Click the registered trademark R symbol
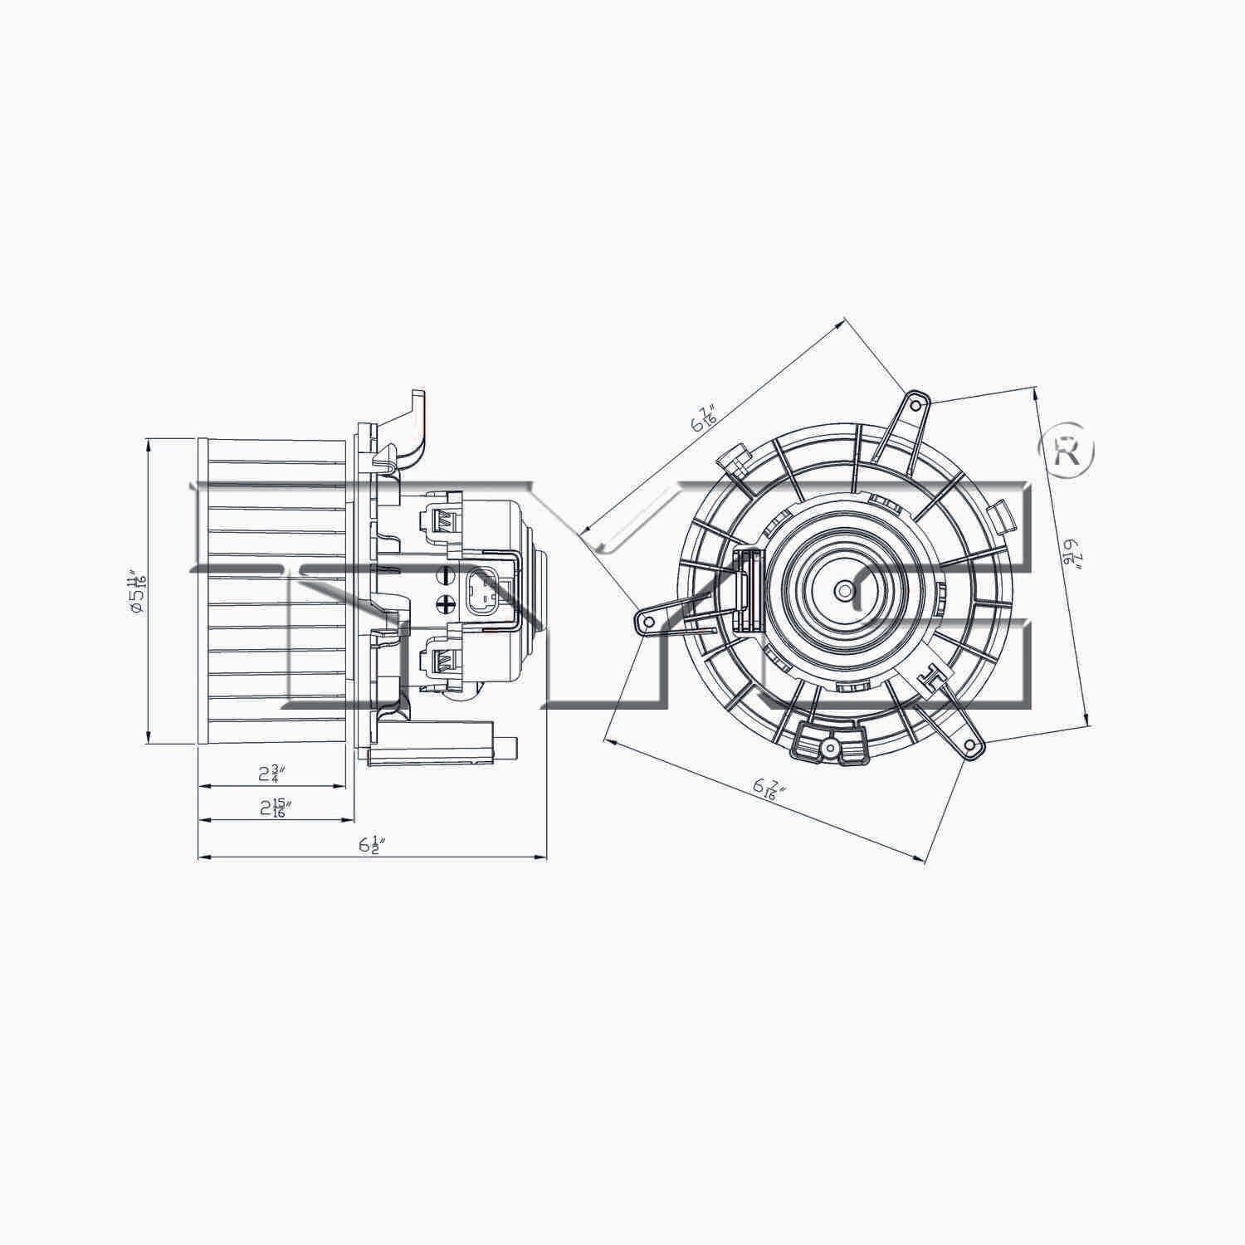[1067, 452]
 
